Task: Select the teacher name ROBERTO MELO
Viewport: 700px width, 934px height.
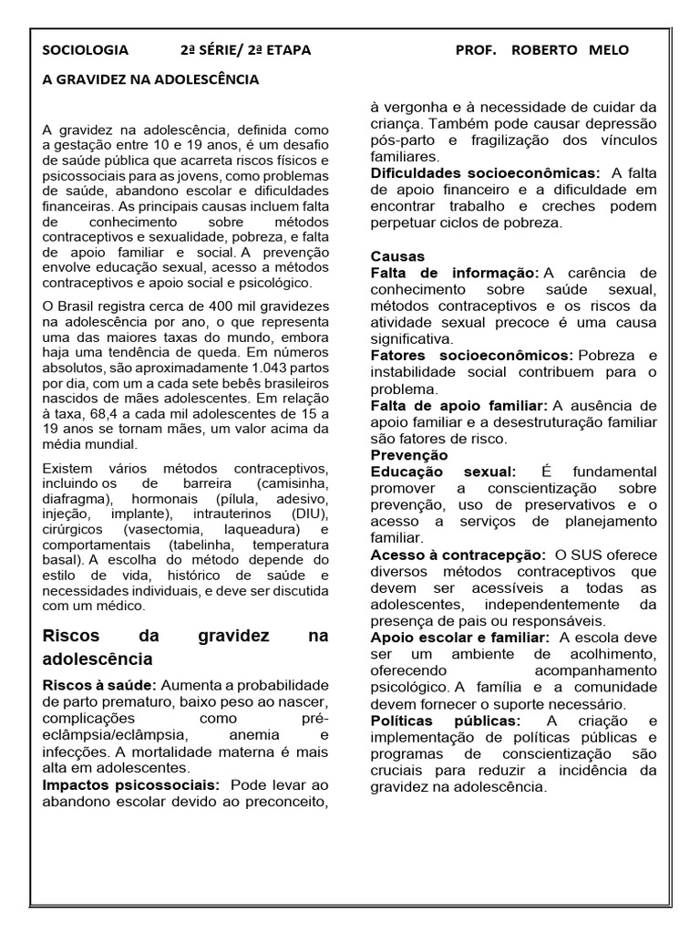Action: point(570,50)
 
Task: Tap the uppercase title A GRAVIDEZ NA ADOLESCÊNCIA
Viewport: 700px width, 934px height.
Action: point(151,79)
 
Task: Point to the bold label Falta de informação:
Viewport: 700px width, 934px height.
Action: point(455,273)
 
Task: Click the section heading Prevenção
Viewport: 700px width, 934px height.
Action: point(409,454)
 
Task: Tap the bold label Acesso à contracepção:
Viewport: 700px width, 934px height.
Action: point(458,555)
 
